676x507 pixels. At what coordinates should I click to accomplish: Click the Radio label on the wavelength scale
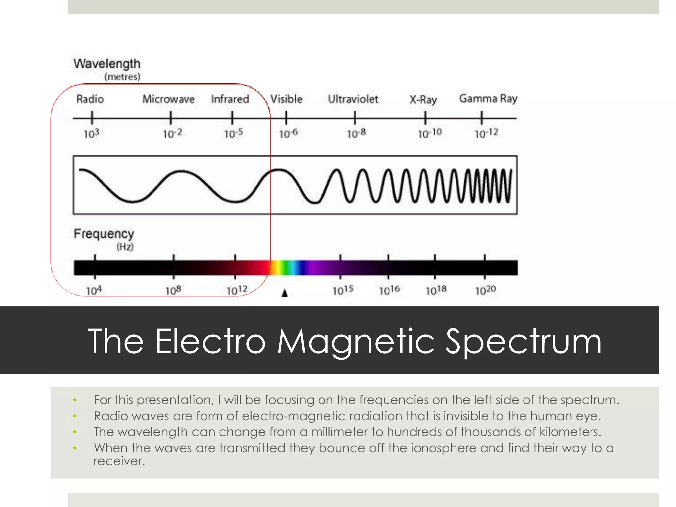[90, 99]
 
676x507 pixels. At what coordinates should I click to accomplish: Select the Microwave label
[168, 99]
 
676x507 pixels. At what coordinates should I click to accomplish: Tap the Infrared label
[230, 99]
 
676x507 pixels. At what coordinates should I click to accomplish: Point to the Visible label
[286, 99]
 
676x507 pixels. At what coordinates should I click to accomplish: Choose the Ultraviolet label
[353, 99]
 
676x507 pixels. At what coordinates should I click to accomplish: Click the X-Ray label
[423, 100]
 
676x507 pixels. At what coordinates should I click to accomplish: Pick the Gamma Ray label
[488, 99]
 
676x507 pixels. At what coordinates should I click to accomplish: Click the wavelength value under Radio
[91, 134]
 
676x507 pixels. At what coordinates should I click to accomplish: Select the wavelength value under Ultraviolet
[356, 133]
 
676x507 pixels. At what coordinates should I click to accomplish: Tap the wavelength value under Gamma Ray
[486, 133]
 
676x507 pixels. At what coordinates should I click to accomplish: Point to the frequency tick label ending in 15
[343, 290]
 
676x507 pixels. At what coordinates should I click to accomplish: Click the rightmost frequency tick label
[486, 290]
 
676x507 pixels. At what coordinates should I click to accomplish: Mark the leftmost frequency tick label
[94, 291]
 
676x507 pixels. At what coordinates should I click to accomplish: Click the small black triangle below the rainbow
[285, 293]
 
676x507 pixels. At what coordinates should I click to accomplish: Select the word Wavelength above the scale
[107, 64]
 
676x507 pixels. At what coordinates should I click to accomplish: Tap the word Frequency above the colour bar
[104, 234]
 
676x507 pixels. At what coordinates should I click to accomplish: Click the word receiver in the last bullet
[119, 461]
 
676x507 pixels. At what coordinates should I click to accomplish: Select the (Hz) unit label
[125, 247]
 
